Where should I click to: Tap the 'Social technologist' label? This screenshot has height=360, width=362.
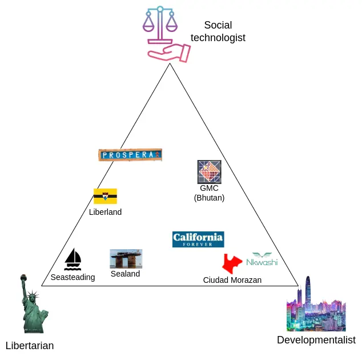pos(218,31)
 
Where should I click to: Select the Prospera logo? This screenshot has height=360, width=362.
pos(130,154)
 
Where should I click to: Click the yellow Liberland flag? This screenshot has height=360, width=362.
pos(105,196)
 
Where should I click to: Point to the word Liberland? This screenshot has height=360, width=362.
pos(105,212)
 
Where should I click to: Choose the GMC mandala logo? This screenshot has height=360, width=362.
pos(209,171)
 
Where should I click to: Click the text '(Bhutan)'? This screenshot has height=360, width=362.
pos(209,198)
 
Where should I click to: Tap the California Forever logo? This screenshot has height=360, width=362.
pos(198,239)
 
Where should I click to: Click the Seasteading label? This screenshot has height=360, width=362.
pos(73,277)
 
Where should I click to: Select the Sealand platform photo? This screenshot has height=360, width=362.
pos(126,258)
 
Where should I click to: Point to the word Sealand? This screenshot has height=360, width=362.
pos(125,274)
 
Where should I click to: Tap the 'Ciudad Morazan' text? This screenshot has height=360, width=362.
pos(232,280)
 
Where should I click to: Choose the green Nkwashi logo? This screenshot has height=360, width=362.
pos(262,259)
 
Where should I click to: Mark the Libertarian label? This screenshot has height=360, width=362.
pos(30,345)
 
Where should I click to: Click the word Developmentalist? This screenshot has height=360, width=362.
pos(316,340)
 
